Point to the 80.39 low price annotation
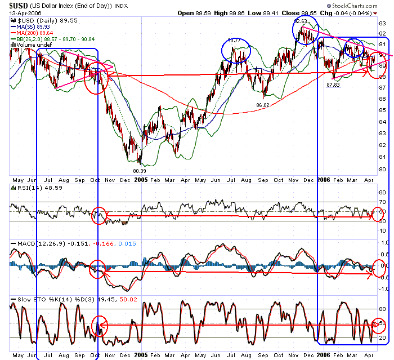[139, 170]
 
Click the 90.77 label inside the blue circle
[235, 41]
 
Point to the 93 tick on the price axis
[382, 24]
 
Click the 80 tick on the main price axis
[382, 170]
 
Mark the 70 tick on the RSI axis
[382, 202]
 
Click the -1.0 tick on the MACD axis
[382, 289]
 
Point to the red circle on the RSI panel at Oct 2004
[98, 216]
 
